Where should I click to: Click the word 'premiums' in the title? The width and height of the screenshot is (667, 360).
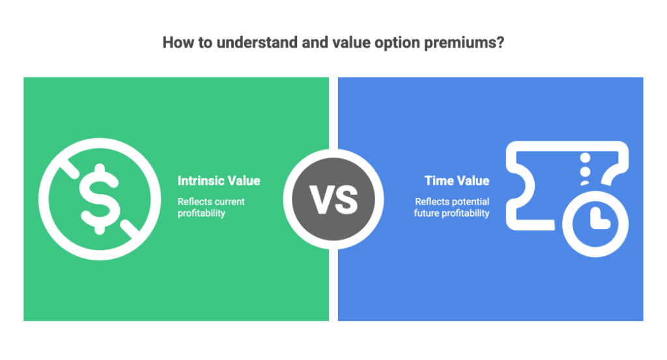pyautogui.click(x=466, y=44)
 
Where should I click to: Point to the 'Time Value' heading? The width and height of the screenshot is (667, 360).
pyautogui.click(x=457, y=181)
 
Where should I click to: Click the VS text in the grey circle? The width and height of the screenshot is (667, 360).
pyautogui.click(x=333, y=199)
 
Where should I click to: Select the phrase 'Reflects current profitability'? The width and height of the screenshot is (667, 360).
pyautogui.click(x=211, y=207)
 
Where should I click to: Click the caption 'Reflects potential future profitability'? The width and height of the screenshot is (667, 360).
pyautogui.click(x=452, y=207)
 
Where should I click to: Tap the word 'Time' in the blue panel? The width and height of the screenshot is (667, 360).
pyautogui.click(x=439, y=181)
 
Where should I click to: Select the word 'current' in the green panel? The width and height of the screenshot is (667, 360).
pyautogui.click(x=229, y=202)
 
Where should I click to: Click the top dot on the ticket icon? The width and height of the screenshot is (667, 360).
pyautogui.click(x=586, y=158)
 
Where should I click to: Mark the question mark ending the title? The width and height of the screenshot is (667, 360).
pyautogui.click(x=500, y=44)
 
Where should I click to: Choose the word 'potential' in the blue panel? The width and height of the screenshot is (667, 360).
pyautogui.click(x=469, y=202)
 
